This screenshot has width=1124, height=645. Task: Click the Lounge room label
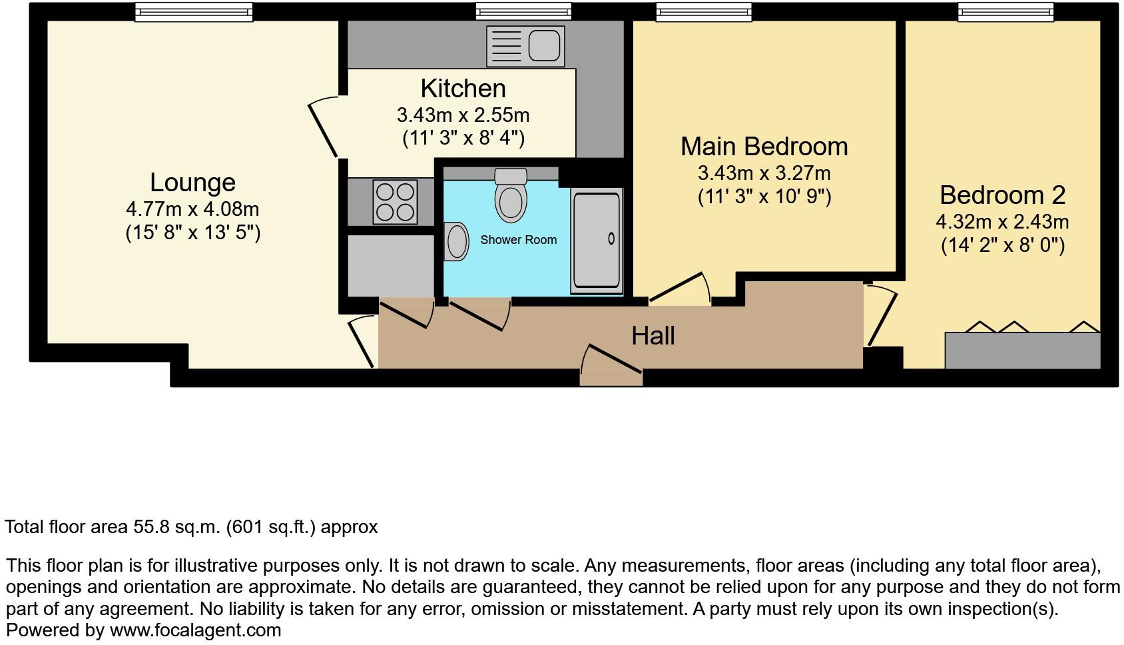click(x=192, y=183)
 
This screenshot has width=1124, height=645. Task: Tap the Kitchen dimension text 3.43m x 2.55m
click(x=463, y=115)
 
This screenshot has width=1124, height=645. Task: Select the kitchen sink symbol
click(x=525, y=46)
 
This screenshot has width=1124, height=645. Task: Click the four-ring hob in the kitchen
click(x=395, y=202)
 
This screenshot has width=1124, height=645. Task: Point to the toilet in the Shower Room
click(x=511, y=195)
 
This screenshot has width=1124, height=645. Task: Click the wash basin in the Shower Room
click(x=457, y=241)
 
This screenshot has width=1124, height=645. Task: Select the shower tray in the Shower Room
click(x=596, y=241)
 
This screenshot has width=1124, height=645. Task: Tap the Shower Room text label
click(x=518, y=240)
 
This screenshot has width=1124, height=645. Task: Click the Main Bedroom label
click(x=764, y=147)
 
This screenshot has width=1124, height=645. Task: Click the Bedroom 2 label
click(x=1002, y=195)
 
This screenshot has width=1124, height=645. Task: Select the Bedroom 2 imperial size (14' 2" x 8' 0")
click(x=1002, y=245)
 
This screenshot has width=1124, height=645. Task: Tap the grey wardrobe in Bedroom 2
click(x=1022, y=351)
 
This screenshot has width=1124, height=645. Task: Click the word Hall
click(x=653, y=336)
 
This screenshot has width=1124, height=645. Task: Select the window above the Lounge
click(x=194, y=11)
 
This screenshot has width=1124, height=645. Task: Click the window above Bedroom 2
click(x=1005, y=11)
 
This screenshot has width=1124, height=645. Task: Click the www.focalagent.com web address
click(x=195, y=630)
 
